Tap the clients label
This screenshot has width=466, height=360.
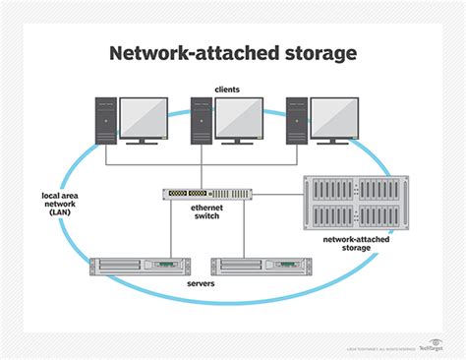(x=228, y=90)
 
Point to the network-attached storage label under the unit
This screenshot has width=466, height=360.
(x=350, y=243)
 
